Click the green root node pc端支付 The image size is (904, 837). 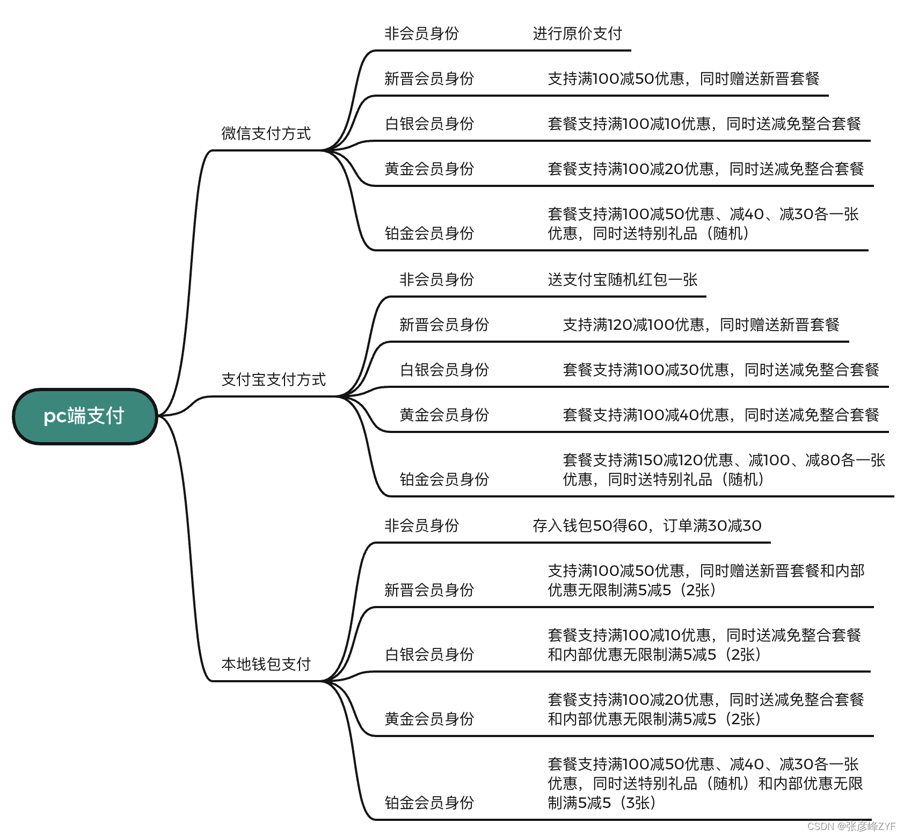pos(84,416)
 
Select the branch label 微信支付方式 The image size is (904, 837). pos(266,133)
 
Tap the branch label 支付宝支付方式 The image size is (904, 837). pos(273,379)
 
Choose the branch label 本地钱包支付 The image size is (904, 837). pos(266,664)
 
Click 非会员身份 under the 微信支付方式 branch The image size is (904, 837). pos(421,33)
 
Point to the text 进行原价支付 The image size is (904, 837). pos(577,33)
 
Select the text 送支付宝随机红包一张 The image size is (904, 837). pos(622,279)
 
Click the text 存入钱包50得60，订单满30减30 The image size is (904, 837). pos(646,525)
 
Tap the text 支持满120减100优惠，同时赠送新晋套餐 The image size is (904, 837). pos(701,324)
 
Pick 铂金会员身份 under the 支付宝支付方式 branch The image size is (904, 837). pos(444,479)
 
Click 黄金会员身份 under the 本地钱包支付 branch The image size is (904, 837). pos(429,719)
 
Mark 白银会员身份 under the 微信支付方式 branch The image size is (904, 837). pos(429,124)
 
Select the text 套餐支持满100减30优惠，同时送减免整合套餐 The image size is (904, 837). pos(720,370)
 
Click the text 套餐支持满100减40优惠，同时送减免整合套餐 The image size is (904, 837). pos(720,415)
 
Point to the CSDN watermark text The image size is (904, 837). pos(851,826)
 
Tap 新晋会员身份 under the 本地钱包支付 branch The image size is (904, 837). pos(429,590)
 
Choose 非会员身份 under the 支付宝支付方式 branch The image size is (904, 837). pos(436,279)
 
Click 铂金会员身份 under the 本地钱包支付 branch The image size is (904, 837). pos(429,803)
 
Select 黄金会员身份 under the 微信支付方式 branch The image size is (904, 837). pos(429,169)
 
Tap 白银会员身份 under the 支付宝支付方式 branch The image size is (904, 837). pos(444,370)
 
